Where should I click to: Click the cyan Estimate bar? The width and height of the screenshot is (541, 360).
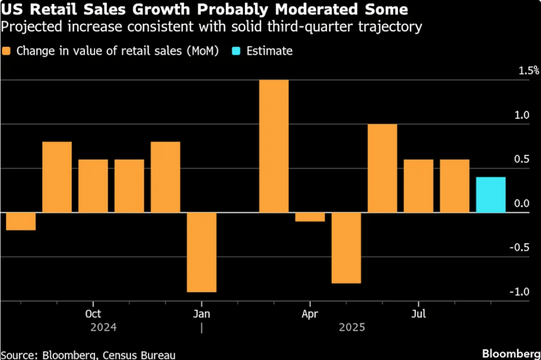(x=491, y=194)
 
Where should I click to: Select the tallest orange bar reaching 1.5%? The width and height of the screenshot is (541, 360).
(x=274, y=146)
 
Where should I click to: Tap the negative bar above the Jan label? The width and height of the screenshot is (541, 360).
(x=202, y=252)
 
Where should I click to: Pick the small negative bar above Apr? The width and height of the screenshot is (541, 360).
(x=310, y=217)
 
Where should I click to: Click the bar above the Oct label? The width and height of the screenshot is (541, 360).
(x=93, y=186)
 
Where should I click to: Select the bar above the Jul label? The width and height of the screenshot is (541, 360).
(x=418, y=186)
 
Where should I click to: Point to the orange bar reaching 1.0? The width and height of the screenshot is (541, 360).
(x=382, y=168)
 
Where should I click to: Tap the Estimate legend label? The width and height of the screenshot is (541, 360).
(x=269, y=51)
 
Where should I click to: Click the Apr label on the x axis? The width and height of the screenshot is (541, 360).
(x=310, y=314)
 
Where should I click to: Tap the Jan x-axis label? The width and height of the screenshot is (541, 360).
(x=202, y=314)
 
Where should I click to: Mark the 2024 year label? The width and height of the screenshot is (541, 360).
(x=103, y=328)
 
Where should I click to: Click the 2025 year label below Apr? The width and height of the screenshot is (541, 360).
(x=352, y=328)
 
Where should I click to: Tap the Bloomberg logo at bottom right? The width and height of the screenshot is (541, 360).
(x=511, y=353)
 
